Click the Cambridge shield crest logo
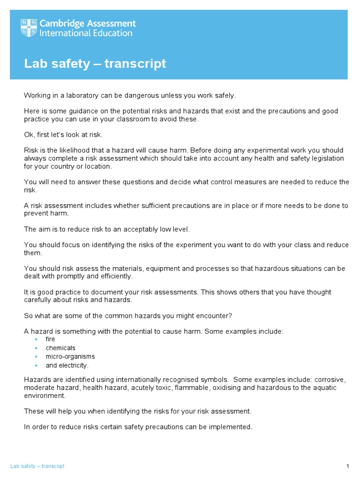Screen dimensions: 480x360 tap(30, 28)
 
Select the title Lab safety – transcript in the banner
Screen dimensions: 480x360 tap(95, 63)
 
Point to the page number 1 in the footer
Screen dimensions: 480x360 tap(348, 466)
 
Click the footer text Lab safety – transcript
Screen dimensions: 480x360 tap(37, 466)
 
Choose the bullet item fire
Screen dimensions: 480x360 tap(50, 339)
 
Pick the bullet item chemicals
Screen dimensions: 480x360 tap(60, 348)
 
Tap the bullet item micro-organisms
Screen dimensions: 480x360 tap(70, 357)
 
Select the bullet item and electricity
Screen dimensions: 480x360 tap(67, 365)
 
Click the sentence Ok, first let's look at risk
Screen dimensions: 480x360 tap(63, 135)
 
